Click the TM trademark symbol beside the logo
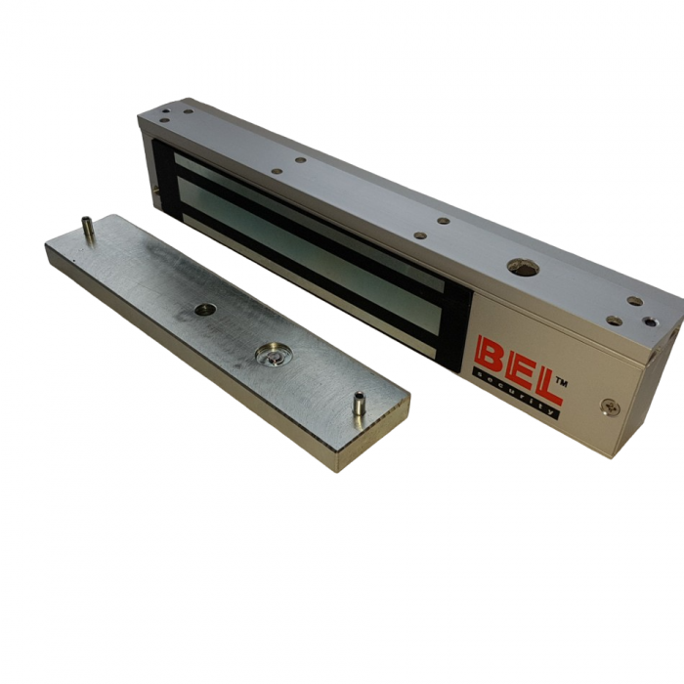(x=561, y=383)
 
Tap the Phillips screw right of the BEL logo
(x=610, y=406)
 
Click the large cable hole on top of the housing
(x=523, y=268)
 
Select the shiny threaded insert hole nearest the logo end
(x=650, y=322)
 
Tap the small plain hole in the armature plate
(x=204, y=310)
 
